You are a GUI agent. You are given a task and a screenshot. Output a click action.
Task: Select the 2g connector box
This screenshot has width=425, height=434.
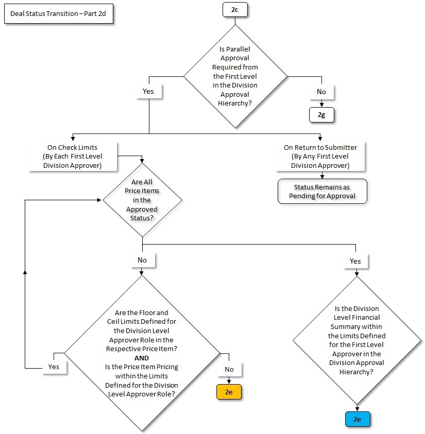(x=321, y=115)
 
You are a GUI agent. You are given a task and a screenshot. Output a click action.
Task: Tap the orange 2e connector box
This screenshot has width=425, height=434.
(x=229, y=391)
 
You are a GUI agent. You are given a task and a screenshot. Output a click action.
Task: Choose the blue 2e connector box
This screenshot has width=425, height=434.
(x=357, y=419)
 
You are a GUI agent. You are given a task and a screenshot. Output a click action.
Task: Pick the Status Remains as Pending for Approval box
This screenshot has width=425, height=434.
(x=322, y=192)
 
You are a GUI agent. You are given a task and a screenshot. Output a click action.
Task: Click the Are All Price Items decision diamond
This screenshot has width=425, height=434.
(x=142, y=200)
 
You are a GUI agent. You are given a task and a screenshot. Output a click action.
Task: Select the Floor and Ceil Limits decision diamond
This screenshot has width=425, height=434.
(x=142, y=353)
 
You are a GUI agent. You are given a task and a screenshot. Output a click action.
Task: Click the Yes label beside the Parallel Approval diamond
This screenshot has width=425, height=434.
(x=149, y=92)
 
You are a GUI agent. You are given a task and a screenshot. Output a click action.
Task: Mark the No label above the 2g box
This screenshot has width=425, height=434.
(x=321, y=92)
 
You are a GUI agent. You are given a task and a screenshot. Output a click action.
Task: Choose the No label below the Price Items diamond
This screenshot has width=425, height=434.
(x=142, y=260)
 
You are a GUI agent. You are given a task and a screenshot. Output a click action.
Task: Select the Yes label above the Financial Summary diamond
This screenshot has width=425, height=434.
(x=355, y=261)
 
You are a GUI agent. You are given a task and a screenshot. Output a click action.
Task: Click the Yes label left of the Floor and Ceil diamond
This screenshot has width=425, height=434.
(x=54, y=367)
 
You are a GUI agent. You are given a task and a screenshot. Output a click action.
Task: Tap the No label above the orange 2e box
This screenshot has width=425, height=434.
(x=229, y=369)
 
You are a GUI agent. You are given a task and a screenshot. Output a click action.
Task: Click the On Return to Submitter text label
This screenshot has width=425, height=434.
(x=320, y=157)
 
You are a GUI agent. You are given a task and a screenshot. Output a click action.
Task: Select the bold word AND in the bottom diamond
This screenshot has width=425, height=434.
(x=141, y=358)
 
